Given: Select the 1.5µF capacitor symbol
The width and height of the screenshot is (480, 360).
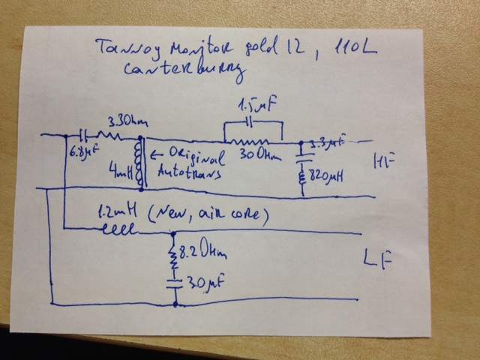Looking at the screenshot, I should point(253,121).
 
